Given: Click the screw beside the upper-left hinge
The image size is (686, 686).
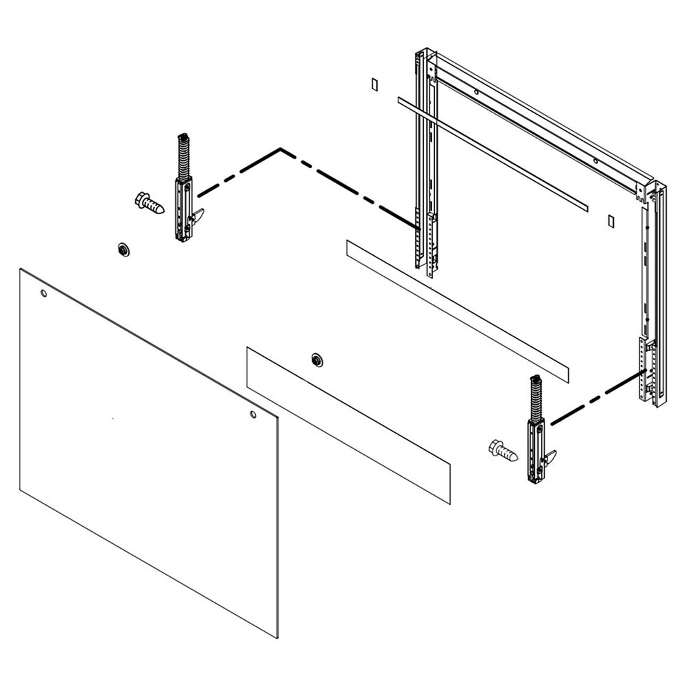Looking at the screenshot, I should pos(148,203).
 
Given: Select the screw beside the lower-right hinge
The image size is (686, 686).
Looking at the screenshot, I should pos(502,450).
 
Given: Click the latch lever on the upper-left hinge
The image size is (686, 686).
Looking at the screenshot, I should pos(198,216).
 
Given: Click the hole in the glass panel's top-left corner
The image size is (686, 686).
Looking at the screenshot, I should pos(44,294).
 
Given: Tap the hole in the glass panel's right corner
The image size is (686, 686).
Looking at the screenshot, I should pos(253,415).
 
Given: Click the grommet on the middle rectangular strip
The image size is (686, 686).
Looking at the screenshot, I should pos(317,360).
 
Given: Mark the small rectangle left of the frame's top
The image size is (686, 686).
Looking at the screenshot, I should pos(374,84).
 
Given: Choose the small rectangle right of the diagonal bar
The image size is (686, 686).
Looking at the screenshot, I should pos(611,220).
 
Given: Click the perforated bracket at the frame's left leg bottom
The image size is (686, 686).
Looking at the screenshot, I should pos(431,245).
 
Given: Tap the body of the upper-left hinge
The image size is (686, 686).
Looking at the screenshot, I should pos(184,211).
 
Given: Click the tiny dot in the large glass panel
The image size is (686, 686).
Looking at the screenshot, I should pos(112,418).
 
